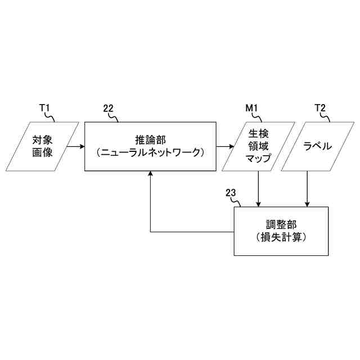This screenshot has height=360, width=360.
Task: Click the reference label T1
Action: pos(44,108)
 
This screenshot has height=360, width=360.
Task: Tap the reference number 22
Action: pos(109,108)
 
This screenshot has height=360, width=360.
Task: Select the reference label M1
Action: pos(251,108)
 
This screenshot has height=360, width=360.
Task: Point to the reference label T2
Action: pos(320,108)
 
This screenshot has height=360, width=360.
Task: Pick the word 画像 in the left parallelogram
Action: pos(42,151)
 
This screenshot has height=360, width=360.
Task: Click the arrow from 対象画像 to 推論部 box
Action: pos(75,146)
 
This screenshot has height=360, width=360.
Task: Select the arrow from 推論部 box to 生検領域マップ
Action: pos(226,146)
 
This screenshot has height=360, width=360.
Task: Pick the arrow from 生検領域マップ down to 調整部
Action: pos(258,188)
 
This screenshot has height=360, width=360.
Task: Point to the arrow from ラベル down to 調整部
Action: pos(307,188)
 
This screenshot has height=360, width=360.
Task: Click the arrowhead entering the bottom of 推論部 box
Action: pos(150,174)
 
